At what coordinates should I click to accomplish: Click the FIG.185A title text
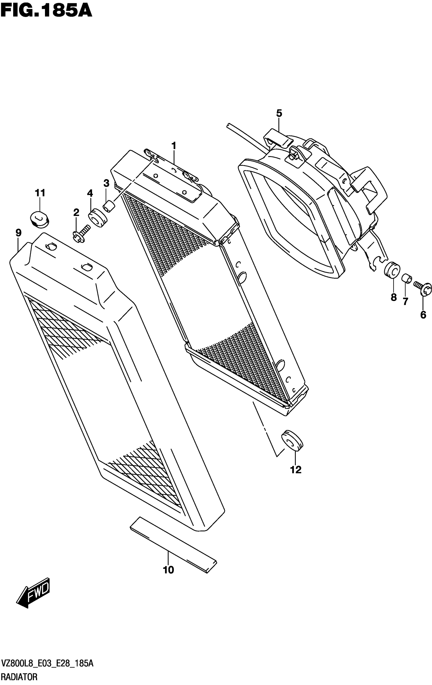pos(46,11)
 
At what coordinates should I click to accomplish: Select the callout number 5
pos(279,113)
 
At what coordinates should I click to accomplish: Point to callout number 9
pos(19,233)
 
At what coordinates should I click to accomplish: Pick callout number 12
pos(296,470)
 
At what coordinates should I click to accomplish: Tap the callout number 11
pos(40,193)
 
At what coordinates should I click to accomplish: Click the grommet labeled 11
pos(39,219)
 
